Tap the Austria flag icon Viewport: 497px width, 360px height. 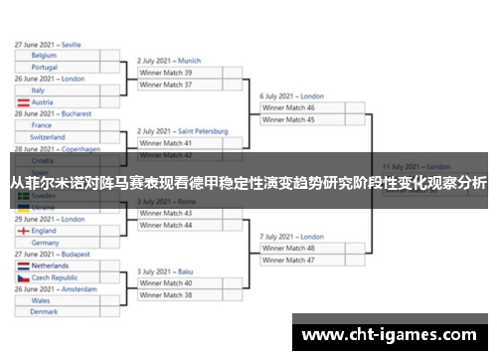(x=22, y=102)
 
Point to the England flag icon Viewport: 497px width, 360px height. (x=22, y=231)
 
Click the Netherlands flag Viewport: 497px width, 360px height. (x=22, y=267)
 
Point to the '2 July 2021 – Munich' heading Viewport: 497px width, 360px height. (x=169, y=61)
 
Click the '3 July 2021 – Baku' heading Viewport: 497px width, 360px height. (x=165, y=271)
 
